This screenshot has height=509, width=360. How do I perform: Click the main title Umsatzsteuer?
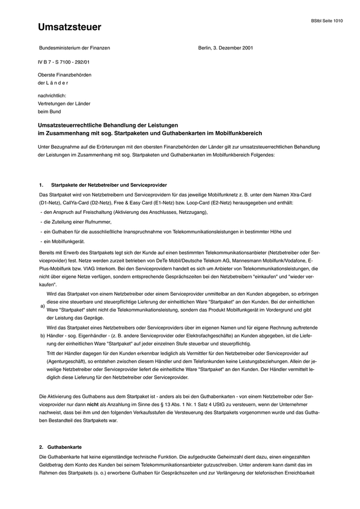(69, 28)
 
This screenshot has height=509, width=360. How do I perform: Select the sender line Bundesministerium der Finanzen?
(75, 48)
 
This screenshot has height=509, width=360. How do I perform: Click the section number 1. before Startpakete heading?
(41, 185)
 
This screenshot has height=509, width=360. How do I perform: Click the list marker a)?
(42, 306)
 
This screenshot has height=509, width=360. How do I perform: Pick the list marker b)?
(42, 335)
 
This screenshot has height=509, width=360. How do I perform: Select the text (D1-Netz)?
(51, 203)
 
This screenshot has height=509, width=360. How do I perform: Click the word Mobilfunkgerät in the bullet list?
(64, 241)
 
